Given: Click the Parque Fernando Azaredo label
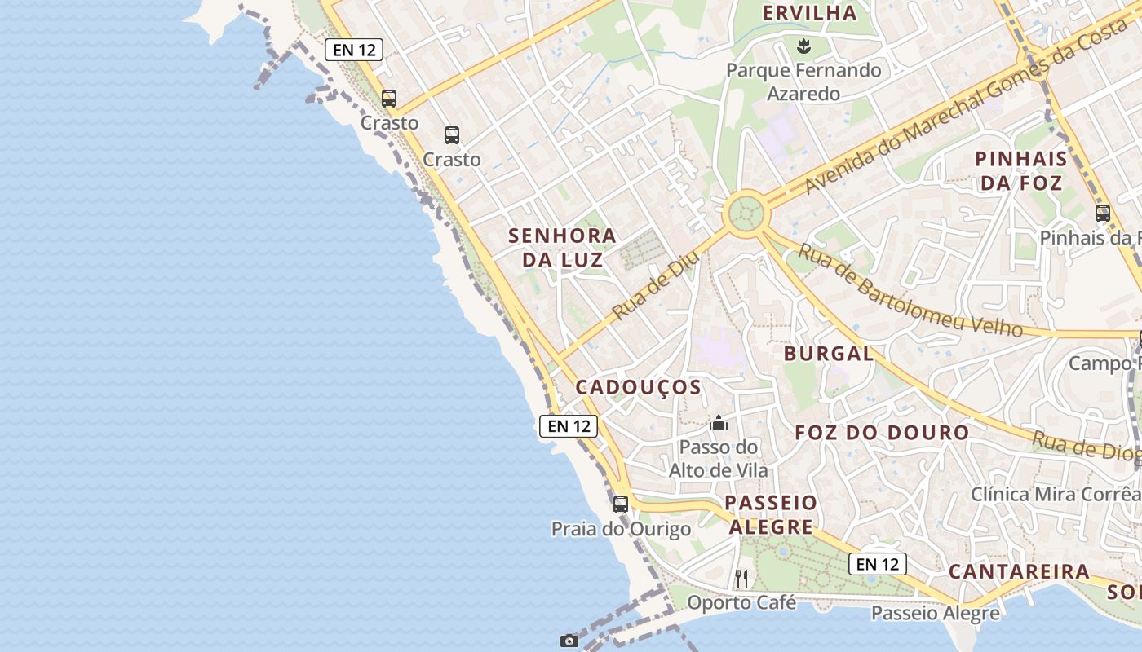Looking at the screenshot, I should (803, 81).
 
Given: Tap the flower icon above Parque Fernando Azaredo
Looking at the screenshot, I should (803, 44).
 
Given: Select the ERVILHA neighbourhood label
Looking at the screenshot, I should (809, 13).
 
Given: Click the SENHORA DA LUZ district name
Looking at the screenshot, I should (562, 248).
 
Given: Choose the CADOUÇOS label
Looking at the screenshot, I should (638, 387).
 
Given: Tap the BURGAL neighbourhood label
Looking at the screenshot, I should (828, 354).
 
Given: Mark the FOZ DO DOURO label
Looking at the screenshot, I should (882, 433).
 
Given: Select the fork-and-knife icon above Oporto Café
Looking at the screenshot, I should (741, 579).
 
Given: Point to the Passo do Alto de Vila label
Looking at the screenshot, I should (718, 458).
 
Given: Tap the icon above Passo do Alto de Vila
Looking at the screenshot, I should (719, 423).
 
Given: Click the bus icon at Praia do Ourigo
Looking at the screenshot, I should (621, 504).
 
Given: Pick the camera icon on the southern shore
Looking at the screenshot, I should (569, 641).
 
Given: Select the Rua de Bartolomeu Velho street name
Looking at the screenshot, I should (909, 290).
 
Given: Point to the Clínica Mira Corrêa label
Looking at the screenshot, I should (1054, 494).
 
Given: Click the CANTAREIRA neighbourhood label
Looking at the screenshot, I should (1019, 571).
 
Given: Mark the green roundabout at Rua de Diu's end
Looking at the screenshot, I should (746, 214).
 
